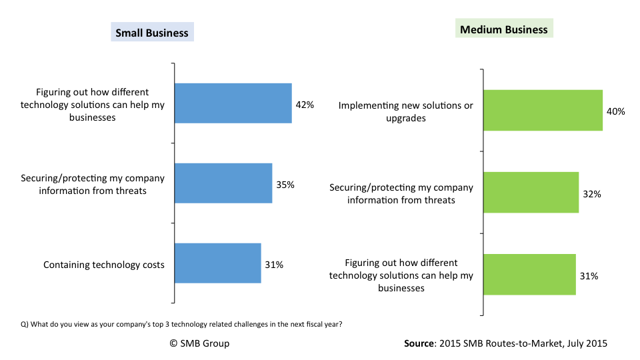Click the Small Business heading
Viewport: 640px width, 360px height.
(152, 33)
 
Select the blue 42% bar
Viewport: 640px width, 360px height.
(233, 103)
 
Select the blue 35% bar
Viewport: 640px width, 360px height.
(223, 183)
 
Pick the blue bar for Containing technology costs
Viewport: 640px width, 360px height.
(217, 263)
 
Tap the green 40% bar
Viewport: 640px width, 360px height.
(543, 110)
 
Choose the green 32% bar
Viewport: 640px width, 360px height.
(531, 193)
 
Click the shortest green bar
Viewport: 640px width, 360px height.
(529, 274)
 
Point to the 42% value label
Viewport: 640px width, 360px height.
(305, 105)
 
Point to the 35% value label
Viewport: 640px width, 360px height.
(285, 185)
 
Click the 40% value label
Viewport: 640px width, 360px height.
(615, 111)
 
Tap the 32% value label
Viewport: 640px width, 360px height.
(592, 194)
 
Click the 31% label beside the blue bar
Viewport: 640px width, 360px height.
(274, 265)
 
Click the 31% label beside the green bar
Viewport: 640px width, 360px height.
(589, 275)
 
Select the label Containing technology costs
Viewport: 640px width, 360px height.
(103, 265)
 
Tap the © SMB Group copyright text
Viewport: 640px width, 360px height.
(199, 343)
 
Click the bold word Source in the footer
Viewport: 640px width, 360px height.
(419, 343)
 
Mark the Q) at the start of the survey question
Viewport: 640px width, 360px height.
(25, 325)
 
